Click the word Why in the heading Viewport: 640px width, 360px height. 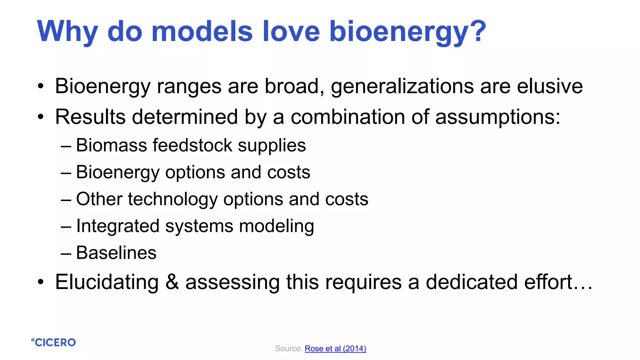click(67, 31)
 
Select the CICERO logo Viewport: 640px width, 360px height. click(53, 342)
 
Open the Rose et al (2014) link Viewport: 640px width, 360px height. click(335, 348)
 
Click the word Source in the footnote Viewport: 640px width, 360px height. click(287, 348)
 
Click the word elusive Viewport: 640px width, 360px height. click(550, 86)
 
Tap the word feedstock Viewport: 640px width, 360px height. click(192, 145)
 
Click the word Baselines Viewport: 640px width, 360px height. click(116, 253)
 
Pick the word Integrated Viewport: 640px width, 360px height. click(118, 226)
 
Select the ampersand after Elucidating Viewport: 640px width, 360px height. click(172, 282)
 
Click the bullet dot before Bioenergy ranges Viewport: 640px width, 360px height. click(41, 87)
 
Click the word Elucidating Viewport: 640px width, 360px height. click(107, 282)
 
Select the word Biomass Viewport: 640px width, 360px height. click(111, 145)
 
